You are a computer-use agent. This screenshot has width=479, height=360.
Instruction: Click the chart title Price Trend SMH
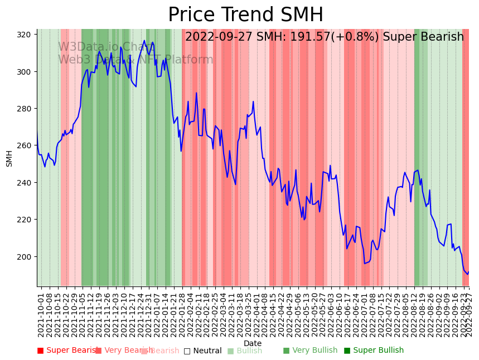[245, 15]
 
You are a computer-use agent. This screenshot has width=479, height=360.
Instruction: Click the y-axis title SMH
[9, 158]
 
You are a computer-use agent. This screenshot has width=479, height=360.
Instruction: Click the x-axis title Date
[253, 343]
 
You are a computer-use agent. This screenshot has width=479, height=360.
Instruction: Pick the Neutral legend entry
[207, 351]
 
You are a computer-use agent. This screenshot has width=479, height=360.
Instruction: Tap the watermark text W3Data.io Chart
[105, 47]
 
